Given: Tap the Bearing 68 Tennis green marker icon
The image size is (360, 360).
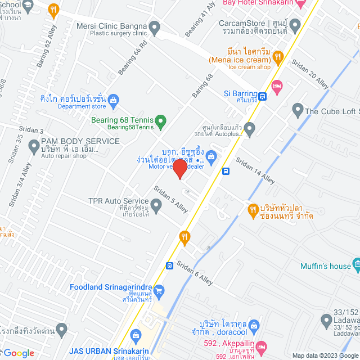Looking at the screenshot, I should (x=161, y=120).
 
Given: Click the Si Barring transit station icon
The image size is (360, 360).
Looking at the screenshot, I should (x=263, y=95).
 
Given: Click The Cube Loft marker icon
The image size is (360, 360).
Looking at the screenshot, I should (x=298, y=111).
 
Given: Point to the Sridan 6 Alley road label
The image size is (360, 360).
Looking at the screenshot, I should (x=195, y=273).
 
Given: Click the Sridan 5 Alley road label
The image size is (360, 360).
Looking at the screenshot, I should (x=171, y=200).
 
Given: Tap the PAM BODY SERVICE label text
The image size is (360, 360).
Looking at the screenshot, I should (x=80, y=141).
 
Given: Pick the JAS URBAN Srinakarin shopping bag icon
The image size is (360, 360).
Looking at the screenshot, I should (x=135, y=336).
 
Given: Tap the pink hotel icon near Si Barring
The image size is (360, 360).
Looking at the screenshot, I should (x=277, y=85).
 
